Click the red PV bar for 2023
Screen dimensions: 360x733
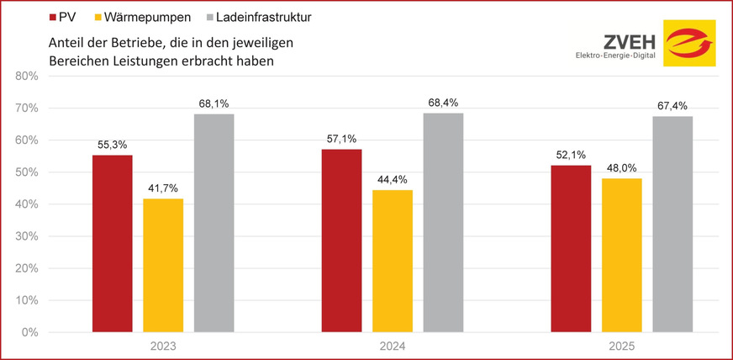coord(113,243)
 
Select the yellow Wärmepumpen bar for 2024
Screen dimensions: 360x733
coord(393,261)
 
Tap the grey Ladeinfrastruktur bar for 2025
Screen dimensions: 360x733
coord(672,224)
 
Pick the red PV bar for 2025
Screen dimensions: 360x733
coord(571,248)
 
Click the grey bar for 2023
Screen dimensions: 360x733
coord(214,223)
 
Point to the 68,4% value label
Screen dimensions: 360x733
coord(444,103)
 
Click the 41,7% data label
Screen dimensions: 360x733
coord(164,188)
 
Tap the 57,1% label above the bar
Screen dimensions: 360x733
coord(342,139)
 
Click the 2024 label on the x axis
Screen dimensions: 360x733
coord(393,347)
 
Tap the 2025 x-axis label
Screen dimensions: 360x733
coord(622,347)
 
